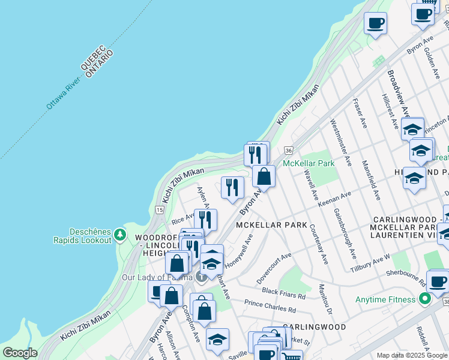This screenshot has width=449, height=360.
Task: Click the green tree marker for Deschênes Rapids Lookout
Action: coord(120,234)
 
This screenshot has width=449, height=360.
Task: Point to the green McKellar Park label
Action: coord(308,163)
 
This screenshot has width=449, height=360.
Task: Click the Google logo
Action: coord(20,353)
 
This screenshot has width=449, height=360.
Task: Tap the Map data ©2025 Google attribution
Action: coord(411,355)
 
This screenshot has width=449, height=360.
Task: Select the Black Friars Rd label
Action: coord(283,294)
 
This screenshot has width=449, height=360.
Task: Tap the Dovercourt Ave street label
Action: coord(273,268)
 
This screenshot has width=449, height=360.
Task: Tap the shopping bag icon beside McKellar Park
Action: coord(264,176)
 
